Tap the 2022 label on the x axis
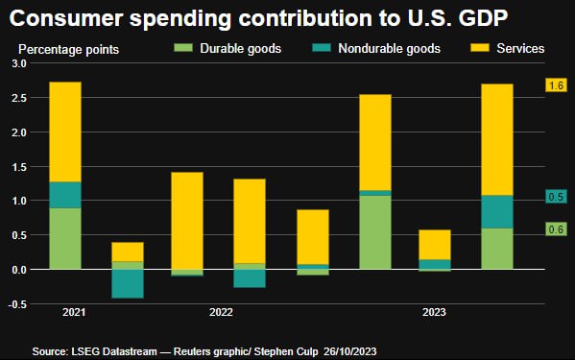point(221,312)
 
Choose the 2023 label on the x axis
point(433,312)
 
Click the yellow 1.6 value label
point(555,85)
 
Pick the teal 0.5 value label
point(555,197)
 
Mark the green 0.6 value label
point(555,228)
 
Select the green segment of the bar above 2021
point(64,238)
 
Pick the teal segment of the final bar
point(495,211)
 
